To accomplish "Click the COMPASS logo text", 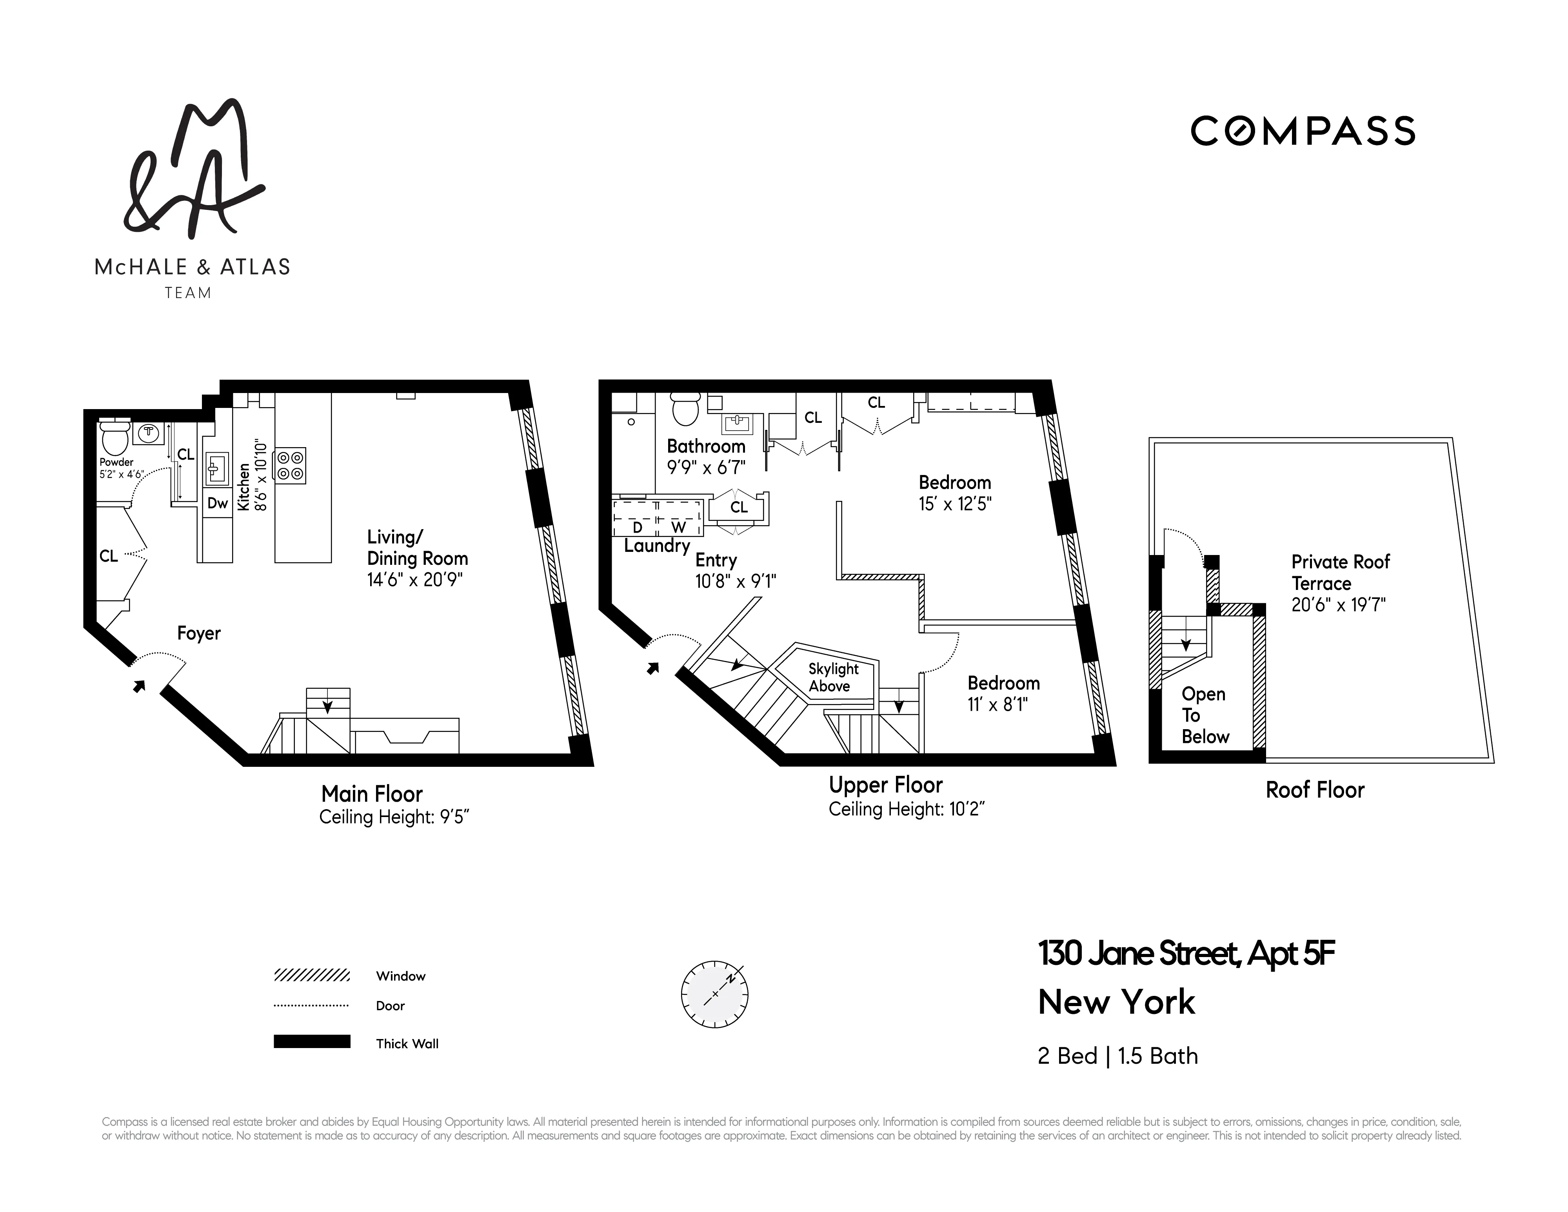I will pos(1303,131).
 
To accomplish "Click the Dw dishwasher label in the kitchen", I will pos(217,503).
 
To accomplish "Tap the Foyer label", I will pos(199,633).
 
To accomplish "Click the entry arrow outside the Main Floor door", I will pos(138,686).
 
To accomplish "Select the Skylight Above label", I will pos(833,677).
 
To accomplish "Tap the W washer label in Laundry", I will pos(678,527).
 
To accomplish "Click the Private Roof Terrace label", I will pos(1340,572).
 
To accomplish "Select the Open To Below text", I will pos(1205,715).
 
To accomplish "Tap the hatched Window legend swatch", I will pos(312,975).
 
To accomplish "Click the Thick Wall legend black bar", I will pos(312,1042).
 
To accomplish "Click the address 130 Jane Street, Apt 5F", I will pos(1185,954).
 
